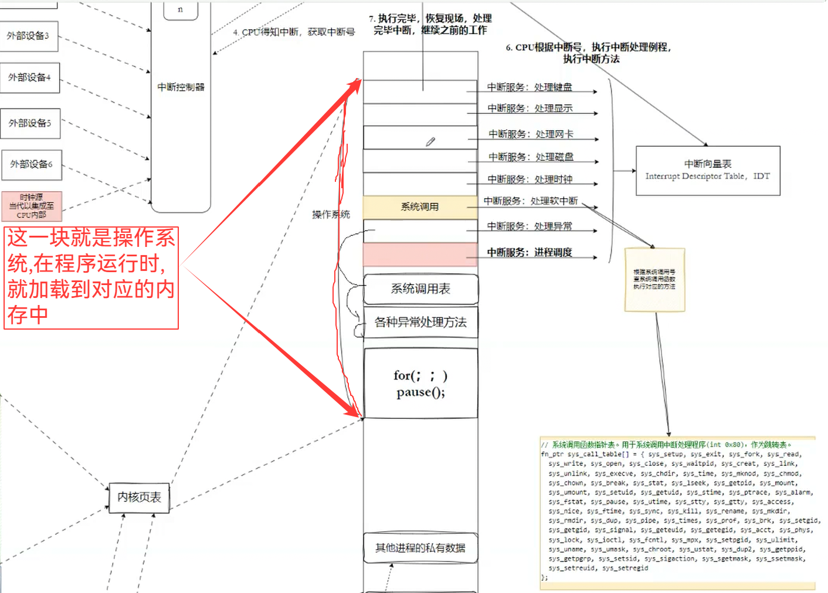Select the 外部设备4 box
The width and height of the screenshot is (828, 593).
(x=29, y=77)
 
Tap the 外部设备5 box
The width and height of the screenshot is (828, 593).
(x=30, y=123)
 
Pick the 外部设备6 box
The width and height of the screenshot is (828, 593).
(x=32, y=164)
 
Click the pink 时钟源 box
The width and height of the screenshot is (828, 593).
(x=32, y=206)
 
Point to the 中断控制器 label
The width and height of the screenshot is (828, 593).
(x=181, y=87)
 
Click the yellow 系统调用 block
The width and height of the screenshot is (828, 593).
(x=420, y=207)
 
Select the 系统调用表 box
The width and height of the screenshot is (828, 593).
(x=420, y=289)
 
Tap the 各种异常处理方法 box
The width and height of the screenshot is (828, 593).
(x=420, y=322)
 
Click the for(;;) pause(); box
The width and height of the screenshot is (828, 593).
(x=420, y=384)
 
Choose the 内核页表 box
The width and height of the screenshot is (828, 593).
(x=139, y=497)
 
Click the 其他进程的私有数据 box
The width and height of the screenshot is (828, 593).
(x=420, y=548)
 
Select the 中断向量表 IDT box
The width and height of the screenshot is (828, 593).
(x=708, y=170)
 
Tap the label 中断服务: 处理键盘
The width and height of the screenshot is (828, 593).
(x=530, y=87)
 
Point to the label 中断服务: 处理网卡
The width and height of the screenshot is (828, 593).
(x=531, y=134)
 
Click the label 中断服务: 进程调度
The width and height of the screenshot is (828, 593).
(x=530, y=253)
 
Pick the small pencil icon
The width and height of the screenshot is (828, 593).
(x=430, y=142)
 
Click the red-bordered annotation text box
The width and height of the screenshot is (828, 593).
(x=91, y=277)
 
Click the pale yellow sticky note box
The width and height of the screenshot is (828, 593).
(x=654, y=279)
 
